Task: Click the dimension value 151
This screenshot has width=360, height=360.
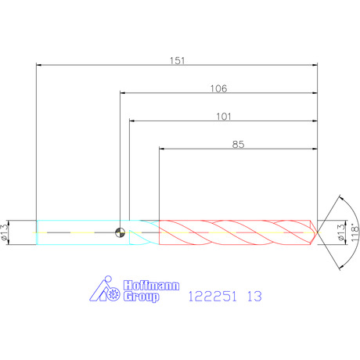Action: tap(178, 60)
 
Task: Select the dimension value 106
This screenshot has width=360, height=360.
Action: tap(218, 88)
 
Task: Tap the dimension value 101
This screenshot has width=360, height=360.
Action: tap(224, 117)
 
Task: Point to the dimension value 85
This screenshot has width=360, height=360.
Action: tap(238, 144)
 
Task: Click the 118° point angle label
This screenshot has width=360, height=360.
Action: tap(355, 232)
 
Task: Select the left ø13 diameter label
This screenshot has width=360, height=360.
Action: tap(5, 232)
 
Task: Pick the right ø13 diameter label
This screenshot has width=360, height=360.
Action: tap(340, 232)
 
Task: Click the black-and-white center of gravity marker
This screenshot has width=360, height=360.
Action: tap(121, 232)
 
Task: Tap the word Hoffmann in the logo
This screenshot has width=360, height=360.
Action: tap(151, 286)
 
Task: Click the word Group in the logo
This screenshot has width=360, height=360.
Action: tap(141, 297)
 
